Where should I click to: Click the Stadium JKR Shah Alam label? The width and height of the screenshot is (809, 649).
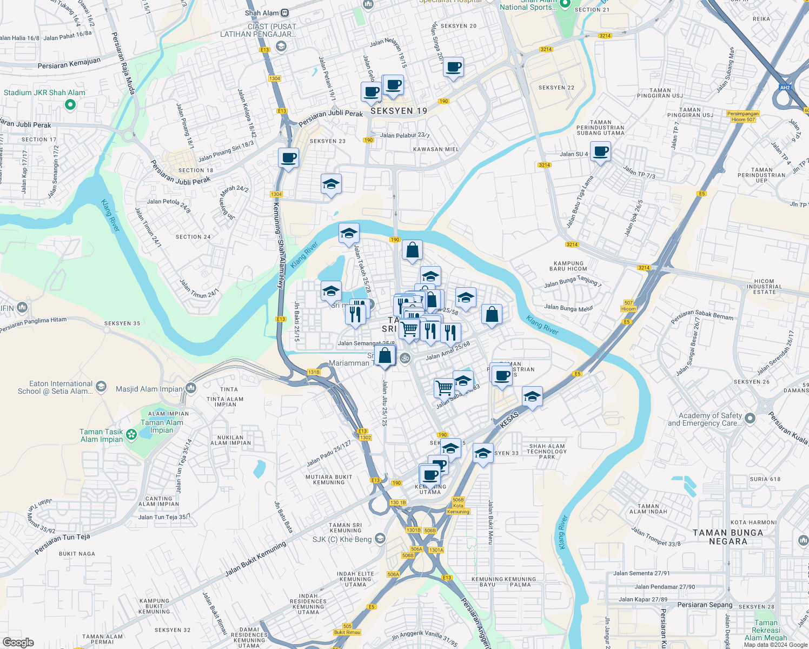[x=44, y=92]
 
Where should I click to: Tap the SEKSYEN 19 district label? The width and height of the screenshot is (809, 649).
[x=399, y=111]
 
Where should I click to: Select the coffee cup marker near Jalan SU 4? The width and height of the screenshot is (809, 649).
[x=600, y=151]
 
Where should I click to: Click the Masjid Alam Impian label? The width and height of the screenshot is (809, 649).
[x=149, y=389]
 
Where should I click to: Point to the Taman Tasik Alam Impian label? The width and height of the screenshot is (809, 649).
[x=102, y=435]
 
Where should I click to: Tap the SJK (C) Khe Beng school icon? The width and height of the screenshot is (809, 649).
[x=380, y=539]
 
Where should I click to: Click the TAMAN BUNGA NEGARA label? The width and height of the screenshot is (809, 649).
[x=728, y=537]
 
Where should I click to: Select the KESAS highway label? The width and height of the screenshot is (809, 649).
[x=509, y=419]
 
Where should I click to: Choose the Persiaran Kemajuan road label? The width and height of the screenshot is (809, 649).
[x=69, y=63]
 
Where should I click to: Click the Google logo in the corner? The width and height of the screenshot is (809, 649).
[x=18, y=642]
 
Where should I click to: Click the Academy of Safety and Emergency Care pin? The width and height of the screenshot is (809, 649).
[x=750, y=418]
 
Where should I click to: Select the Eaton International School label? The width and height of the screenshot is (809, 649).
[x=61, y=387]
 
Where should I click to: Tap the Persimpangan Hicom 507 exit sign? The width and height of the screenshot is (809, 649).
[x=743, y=116]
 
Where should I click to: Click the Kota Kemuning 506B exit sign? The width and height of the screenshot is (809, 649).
[x=458, y=506]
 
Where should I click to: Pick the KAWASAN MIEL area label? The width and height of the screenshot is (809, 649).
[x=436, y=149]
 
